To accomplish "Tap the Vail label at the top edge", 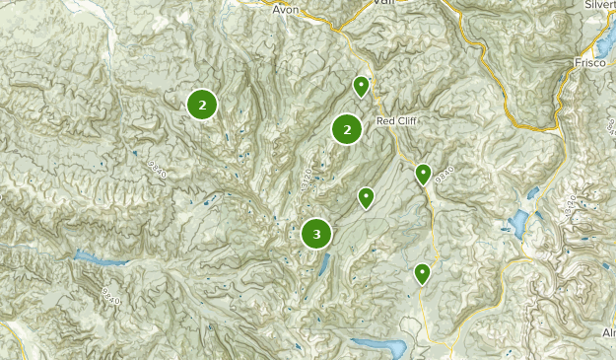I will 383,3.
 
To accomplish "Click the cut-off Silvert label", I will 598,5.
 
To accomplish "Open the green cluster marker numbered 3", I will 316,234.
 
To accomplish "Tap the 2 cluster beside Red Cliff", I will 346,128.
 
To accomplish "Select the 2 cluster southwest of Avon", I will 202,104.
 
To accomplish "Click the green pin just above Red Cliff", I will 362,87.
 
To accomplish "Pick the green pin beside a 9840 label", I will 423,174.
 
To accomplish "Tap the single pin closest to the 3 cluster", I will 366,197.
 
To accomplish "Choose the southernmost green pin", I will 423,272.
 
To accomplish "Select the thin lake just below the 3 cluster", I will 323,263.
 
